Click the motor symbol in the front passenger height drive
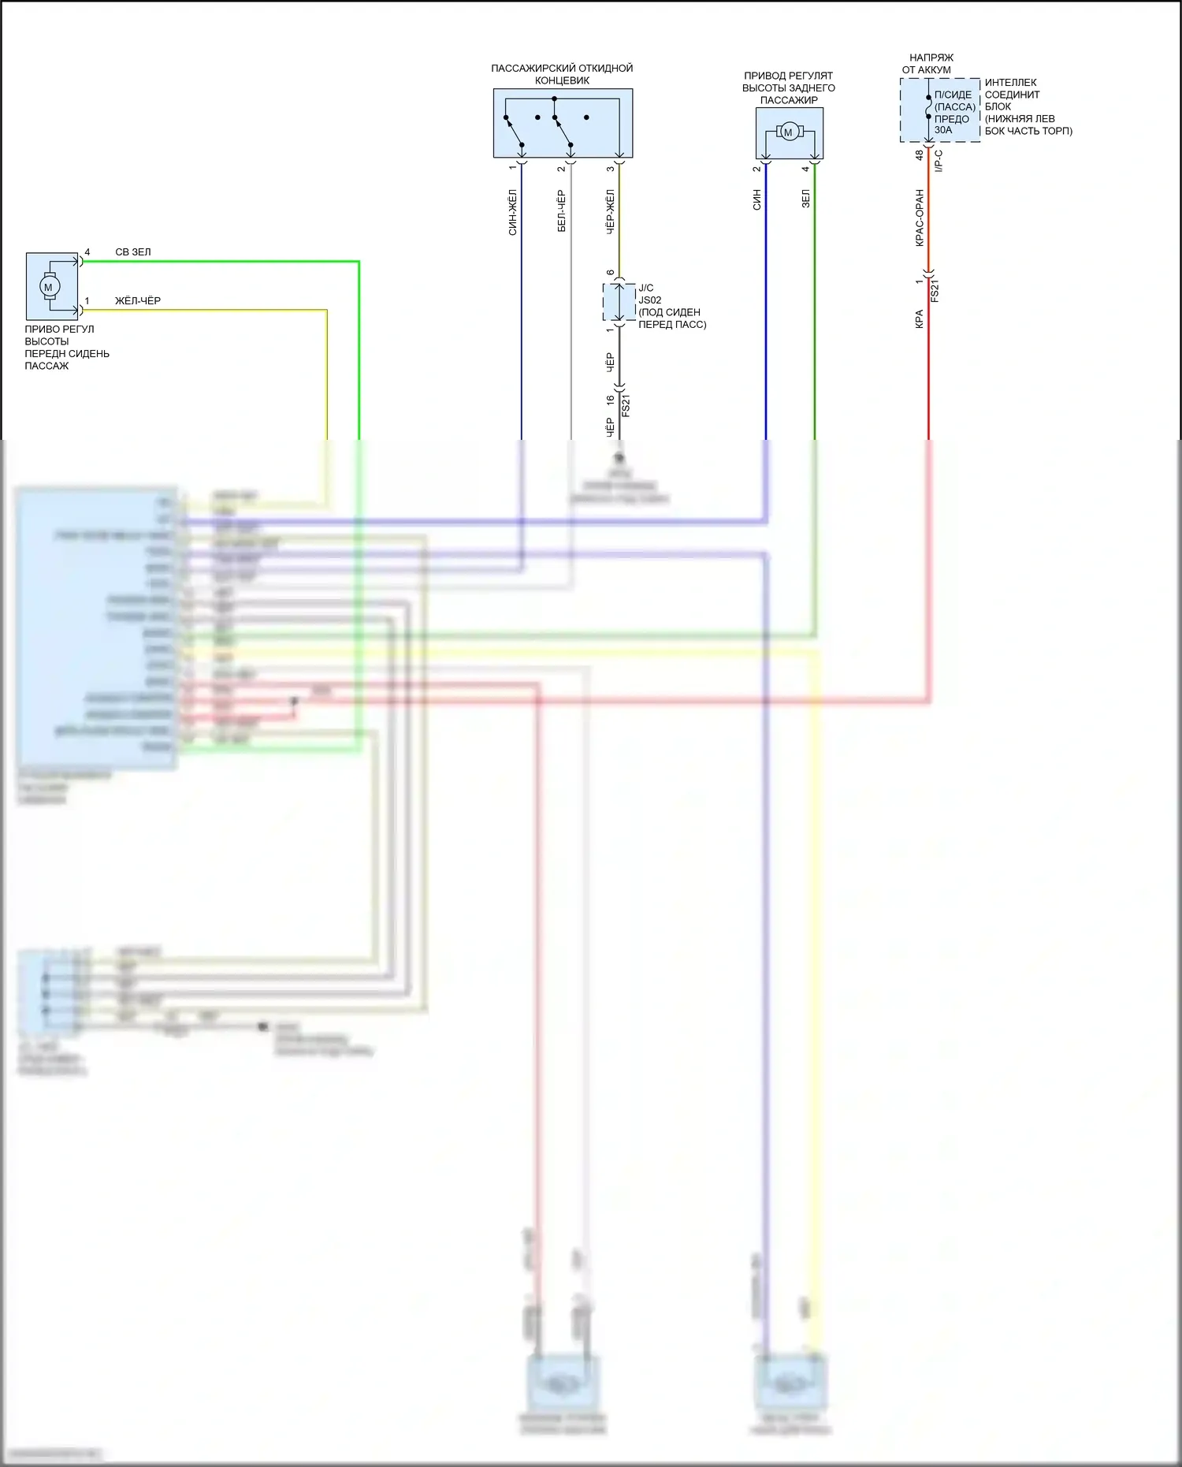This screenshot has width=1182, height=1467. click(49, 287)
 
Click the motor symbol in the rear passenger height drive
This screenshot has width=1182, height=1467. click(788, 132)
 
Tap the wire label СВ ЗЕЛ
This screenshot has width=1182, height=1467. click(132, 252)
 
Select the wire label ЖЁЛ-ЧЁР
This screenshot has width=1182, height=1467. click(138, 301)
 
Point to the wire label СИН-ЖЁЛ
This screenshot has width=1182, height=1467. click(513, 212)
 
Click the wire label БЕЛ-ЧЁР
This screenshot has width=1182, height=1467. click(562, 211)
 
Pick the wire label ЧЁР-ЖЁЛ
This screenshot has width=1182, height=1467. click(610, 211)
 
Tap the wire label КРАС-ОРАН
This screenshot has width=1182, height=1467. click(920, 218)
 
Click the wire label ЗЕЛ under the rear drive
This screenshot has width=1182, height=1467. click(805, 199)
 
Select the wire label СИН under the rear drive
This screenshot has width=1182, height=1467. click(756, 199)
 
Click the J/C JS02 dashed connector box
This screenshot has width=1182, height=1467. click(619, 302)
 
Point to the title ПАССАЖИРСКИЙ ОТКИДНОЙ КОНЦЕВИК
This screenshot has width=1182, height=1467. click(562, 74)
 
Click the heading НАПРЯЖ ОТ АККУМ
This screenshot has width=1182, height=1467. click(928, 64)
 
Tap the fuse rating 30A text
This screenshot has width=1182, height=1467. click(943, 130)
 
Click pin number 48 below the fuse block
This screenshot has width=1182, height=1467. click(920, 156)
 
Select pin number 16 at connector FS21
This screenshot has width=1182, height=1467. click(611, 400)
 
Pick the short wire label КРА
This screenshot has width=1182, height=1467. click(920, 318)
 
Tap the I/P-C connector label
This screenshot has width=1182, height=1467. click(939, 161)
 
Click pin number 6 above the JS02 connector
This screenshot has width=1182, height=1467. click(611, 273)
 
